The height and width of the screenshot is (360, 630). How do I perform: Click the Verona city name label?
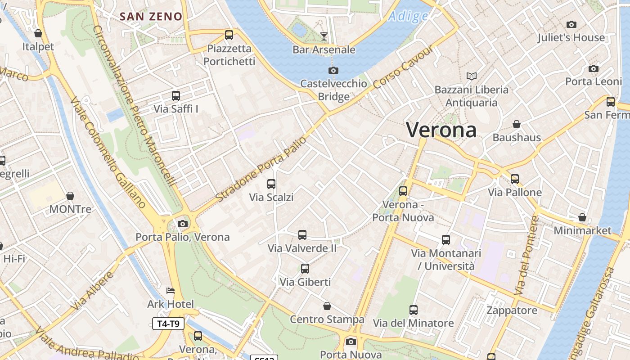click(x=441, y=130)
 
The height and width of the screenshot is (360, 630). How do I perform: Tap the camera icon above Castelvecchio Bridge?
click(x=333, y=70)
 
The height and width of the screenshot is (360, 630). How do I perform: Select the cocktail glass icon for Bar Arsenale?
click(x=324, y=36)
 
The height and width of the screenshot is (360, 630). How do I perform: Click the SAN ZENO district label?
click(x=151, y=17)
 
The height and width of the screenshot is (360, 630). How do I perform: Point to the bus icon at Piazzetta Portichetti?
click(x=229, y=35)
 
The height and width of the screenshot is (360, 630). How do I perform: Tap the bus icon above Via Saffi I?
click(x=176, y=95)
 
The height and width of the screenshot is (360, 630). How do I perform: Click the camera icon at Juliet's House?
click(x=571, y=24)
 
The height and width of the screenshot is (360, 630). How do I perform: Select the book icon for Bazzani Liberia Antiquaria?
click(x=472, y=76)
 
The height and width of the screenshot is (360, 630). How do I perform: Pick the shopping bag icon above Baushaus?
click(x=517, y=124)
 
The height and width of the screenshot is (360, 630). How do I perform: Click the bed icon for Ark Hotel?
click(x=171, y=290)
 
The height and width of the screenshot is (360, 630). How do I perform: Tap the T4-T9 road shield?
click(x=168, y=324)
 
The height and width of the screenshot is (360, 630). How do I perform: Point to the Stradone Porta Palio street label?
click(x=261, y=169)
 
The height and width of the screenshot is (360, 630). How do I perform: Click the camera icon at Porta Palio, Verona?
click(x=183, y=224)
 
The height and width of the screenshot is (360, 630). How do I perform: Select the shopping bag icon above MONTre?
click(x=70, y=196)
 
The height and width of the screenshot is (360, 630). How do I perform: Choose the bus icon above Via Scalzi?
click(x=271, y=184)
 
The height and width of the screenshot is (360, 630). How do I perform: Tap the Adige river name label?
click(x=408, y=17)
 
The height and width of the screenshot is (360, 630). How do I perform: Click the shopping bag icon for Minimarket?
click(x=582, y=217)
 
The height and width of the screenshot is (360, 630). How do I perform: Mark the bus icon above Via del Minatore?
click(x=414, y=310)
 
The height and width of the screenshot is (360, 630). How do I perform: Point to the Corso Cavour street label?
click(x=403, y=67)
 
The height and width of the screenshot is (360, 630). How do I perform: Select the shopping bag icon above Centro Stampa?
click(x=327, y=306)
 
